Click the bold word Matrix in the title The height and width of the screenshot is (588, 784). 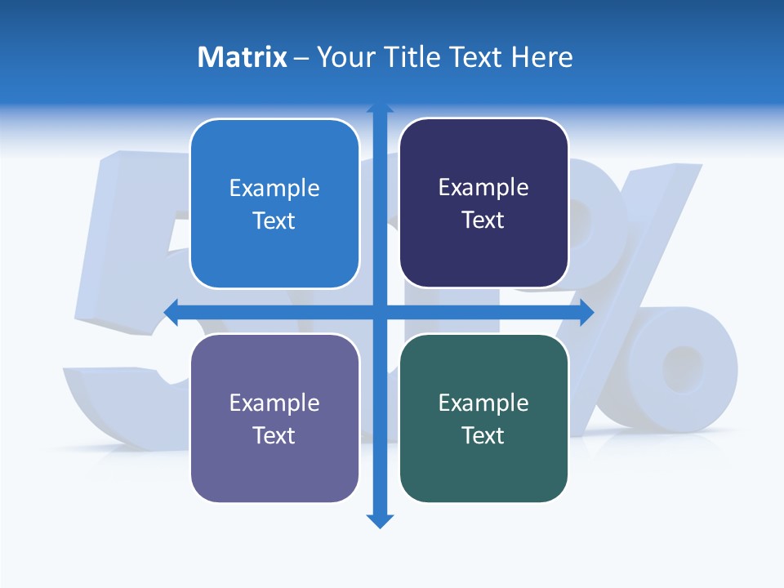coord(242,57)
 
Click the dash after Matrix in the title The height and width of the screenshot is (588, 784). coord(301,58)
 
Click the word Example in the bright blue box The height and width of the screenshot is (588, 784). coord(274,188)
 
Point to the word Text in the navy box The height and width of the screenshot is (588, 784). coord(483,220)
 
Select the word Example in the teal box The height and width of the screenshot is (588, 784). coord(483,403)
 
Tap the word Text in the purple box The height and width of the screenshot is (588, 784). coord(274,435)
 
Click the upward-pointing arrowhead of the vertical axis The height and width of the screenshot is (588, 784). coord(380,108)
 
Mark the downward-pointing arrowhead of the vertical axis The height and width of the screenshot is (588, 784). coord(380,521)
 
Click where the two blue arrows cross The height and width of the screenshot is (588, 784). coord(380,312)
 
